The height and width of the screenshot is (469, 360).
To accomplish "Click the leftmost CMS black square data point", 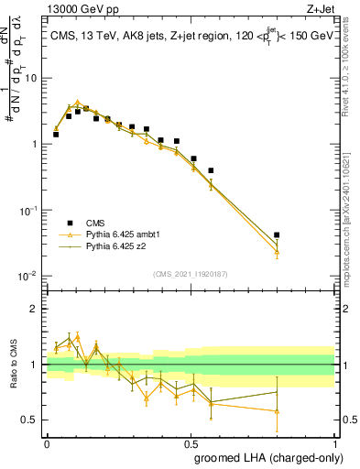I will (x=56, y=135).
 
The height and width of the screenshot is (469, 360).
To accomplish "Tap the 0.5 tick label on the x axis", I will (x=191, y=442).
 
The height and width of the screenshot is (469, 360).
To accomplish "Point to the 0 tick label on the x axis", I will (x=47, y=442).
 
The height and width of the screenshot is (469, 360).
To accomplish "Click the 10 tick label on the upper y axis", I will (x=30, y=78).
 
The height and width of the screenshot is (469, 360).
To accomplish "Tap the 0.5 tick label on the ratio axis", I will (x=32, y=420).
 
